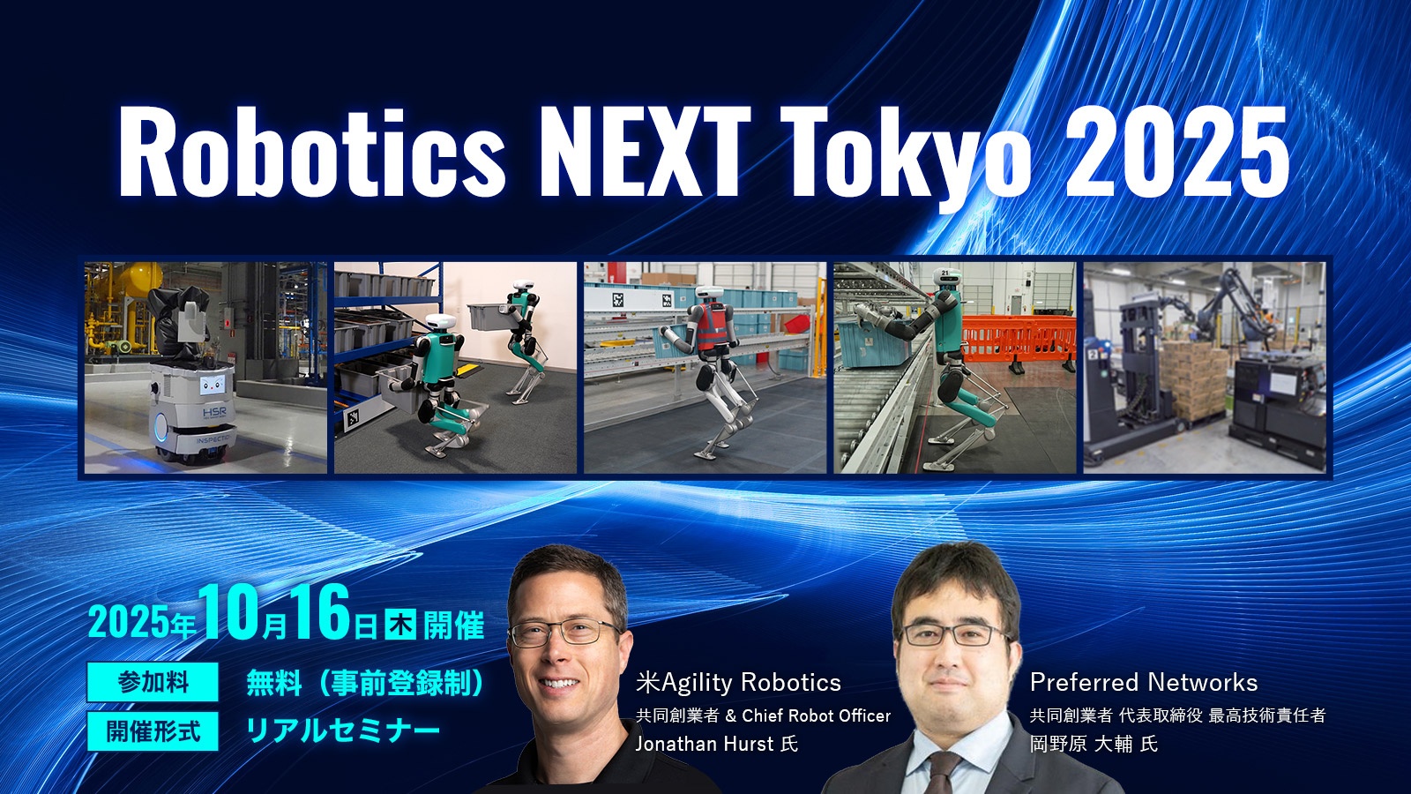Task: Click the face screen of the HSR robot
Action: tap(213, 385)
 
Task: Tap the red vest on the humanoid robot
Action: tap(711, 326)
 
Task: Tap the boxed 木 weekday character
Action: tap(400, 625)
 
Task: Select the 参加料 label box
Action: tap(153, 682)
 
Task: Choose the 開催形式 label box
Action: tap(153, 731)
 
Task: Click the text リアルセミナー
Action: tap(343, 731)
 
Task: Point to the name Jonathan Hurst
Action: tap(705, 745)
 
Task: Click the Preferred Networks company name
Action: tap(1143, 683)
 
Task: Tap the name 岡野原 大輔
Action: tap(1081, 745)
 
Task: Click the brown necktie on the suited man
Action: tap(944, 774)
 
